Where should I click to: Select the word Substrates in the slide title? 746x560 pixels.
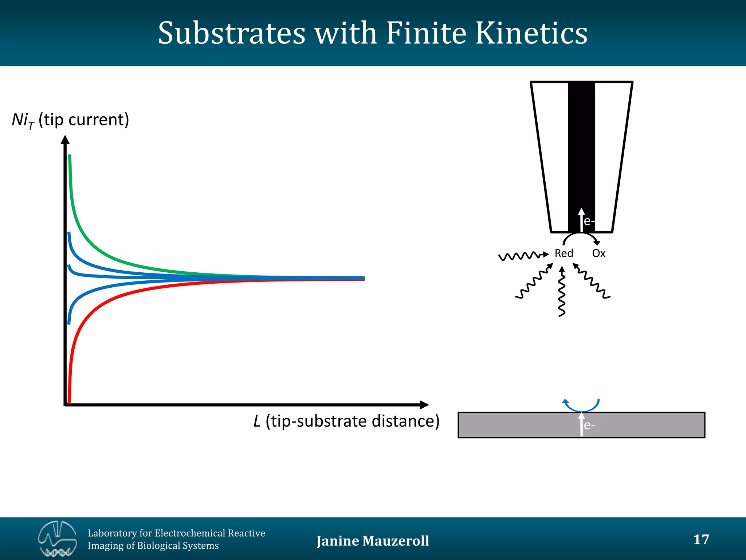tap(232, 34)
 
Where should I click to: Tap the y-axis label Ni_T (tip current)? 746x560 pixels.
tap(70, 120)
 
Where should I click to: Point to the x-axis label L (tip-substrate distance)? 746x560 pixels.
tap(346, 421)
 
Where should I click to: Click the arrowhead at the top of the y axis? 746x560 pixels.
tap(65, 140)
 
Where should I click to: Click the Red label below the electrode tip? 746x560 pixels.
tap(564, 253)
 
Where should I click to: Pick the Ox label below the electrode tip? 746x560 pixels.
tap(598, 253)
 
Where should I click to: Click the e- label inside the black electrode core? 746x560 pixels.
tap(589, 221)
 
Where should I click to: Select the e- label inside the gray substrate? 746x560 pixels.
tap(589, 425)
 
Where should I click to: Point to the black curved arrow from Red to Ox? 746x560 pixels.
tap(581, 236)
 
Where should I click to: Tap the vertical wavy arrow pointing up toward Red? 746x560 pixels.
tap(562, 292)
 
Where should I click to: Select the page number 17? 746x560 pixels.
tap(701, 539)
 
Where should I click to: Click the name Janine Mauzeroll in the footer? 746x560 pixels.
tap(373, 541)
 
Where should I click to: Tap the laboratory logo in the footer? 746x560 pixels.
tap(57, 539)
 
